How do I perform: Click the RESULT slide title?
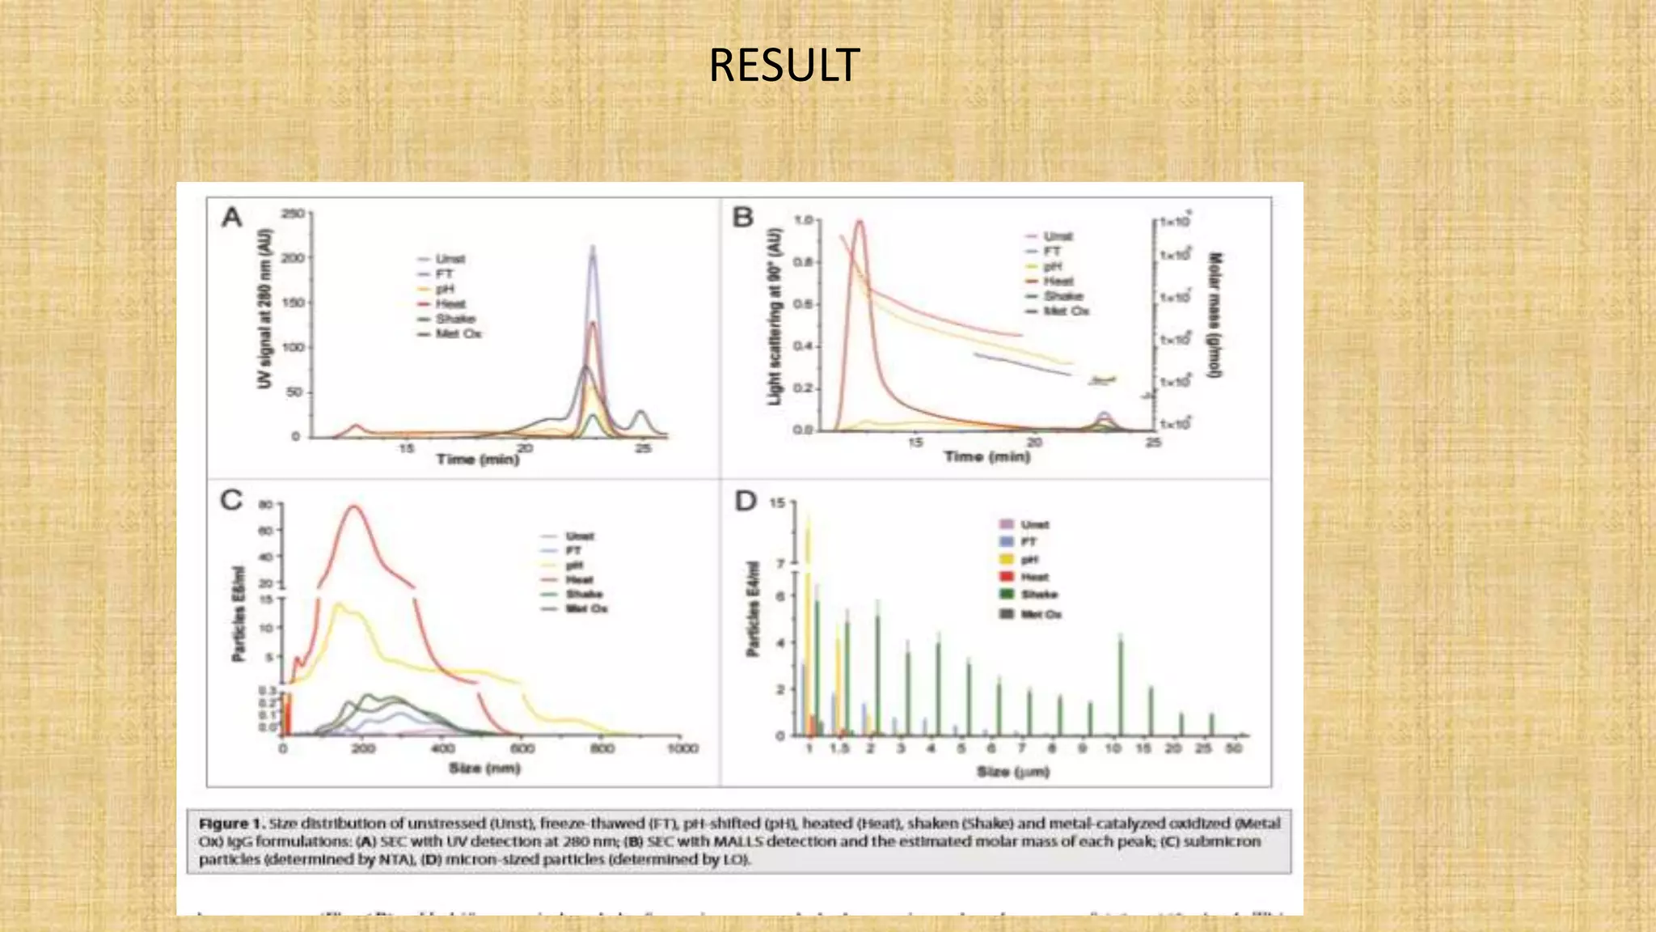(x=784, y=66)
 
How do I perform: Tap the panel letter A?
(x=232, y=218)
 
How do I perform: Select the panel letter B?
(x=742, y=218)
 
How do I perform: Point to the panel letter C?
(x=231, y=500)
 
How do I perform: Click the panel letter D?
(x=745, y=502)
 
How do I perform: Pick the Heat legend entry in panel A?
(x=450, y=304)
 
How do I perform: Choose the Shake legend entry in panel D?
(x=1038, y=595)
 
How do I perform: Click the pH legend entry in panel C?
(x=574, y=566)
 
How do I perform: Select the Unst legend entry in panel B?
(x=1057, y=236)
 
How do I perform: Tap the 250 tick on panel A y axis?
(x=292, y=214)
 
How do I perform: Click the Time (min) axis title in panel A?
(x=477, y=460)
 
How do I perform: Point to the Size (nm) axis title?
(x=484, y=768)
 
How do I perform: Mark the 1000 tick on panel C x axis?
(x=682, y=748)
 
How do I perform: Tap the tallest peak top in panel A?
(x=593, y=248)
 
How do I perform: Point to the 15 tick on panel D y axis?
(x=776, y=503)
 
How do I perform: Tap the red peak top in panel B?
(x=859, y=221)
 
